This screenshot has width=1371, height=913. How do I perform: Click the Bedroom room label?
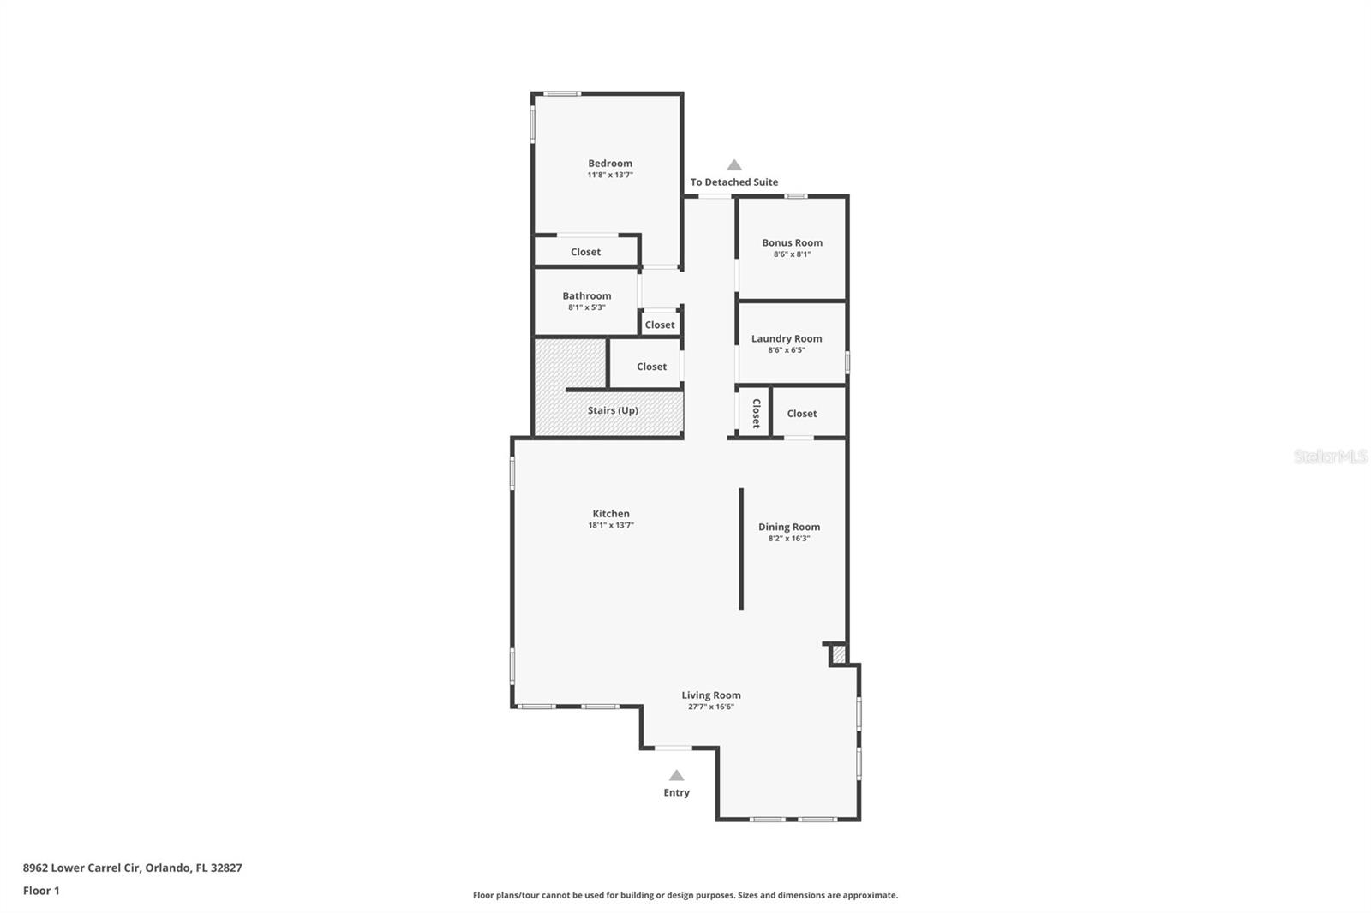(x=609, y=164)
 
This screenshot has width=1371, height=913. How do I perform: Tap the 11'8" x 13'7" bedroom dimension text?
(x=609, y=175)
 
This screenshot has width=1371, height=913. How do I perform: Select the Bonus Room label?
(x=792, y=242)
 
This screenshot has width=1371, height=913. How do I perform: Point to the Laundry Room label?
(x=787, y=338)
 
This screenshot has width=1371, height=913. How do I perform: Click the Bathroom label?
(x=586, y=295)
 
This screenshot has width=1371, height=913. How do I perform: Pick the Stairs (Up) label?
(x=613, y=410)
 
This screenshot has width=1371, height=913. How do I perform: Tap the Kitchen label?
(x=611, y=513)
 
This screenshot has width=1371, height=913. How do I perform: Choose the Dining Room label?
(x=789, y=527)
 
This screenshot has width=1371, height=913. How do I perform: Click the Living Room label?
(x=711, y=695)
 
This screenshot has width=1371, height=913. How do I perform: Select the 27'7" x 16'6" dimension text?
(x=711, y=707)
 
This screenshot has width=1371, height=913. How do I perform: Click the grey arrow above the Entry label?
(x=676, y=775)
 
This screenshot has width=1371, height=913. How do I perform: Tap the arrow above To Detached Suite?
(x=734, y=164)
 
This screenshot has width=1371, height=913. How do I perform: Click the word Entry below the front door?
(x=676, y=792)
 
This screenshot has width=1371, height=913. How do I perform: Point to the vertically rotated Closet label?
(x=756, y=413)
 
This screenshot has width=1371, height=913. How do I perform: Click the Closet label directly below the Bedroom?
(x=586, y=252)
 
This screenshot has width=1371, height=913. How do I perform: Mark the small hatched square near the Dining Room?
(x=839, y=654)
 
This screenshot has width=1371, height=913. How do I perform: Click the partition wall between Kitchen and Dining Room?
(x=741, y=549)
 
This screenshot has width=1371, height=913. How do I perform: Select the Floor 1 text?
(x=42, y=891)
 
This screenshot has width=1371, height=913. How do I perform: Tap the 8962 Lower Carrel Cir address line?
(x=132, y=868)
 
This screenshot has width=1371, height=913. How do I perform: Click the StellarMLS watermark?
(x=1331, y=456)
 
